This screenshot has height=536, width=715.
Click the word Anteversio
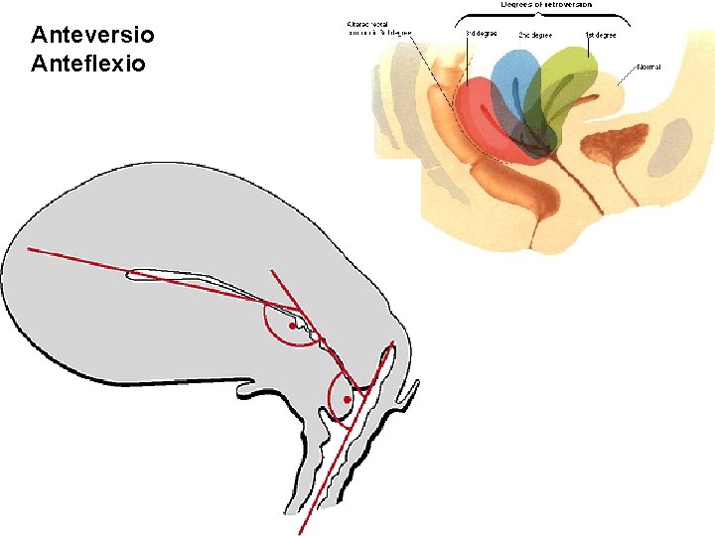coord(92,36)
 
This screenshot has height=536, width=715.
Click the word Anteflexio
coord(89,63)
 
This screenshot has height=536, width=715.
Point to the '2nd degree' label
coord(536,34)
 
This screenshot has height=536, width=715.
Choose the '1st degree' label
coord(601,35)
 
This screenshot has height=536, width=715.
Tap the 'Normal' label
coord(647,67)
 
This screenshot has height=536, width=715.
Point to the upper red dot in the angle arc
coord(292,326)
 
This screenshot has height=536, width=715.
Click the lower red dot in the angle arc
coord(347,399)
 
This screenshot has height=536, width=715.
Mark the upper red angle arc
coord(268,328)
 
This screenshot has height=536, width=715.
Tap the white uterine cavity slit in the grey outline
coord(199,275)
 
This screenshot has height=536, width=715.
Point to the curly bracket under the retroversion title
coord(540,17)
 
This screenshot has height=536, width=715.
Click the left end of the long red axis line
coord(30,249)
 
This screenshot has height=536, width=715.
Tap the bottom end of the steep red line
coord(300,533)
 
